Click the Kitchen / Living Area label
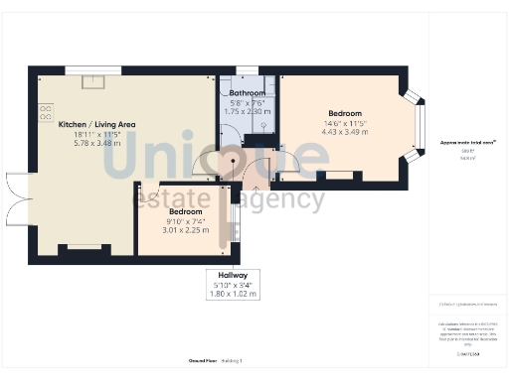pos(96,124)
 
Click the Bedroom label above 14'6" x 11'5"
pos(344,112)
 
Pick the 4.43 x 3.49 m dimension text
pos(344,132)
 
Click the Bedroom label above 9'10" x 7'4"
pos(185,211)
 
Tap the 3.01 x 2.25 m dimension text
pos(185,230)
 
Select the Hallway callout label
pos(233,274)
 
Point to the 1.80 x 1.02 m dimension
pos(233,294)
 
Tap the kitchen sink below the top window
pos(91,81)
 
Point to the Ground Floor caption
pos(205,359)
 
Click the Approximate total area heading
pos(467,143)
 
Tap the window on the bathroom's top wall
pos(247,69)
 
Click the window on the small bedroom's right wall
pos(237,221)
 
